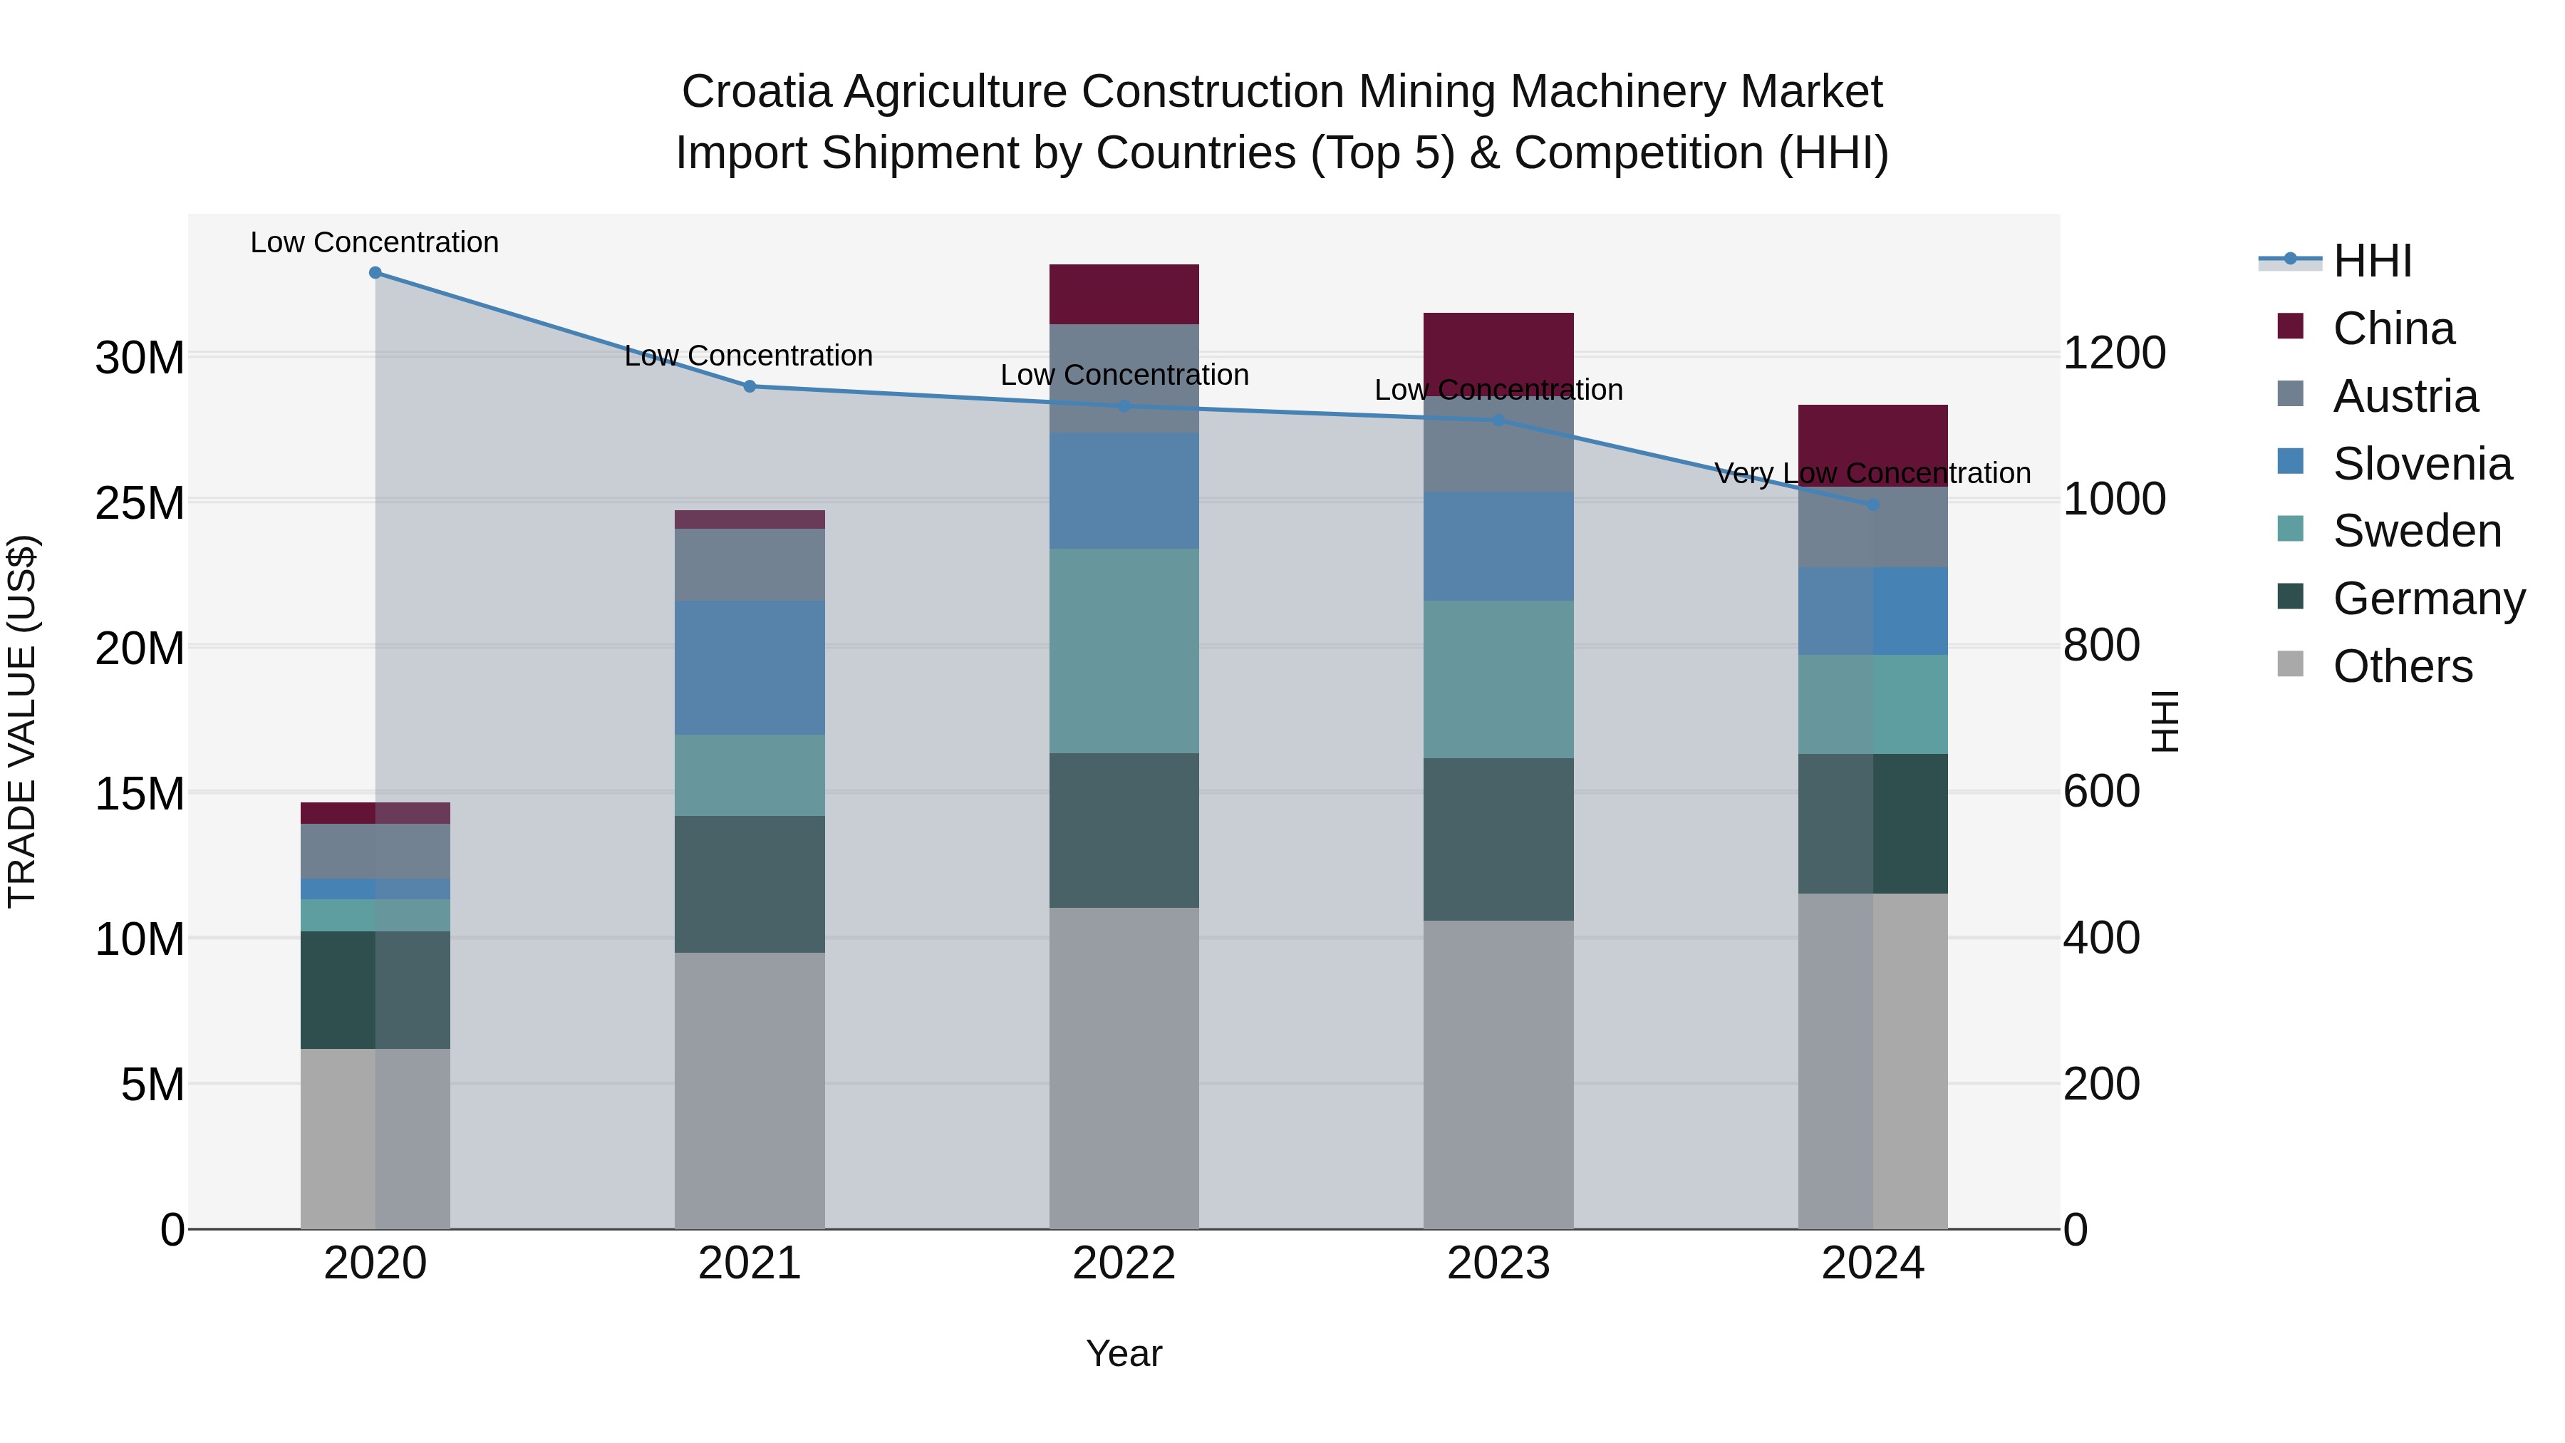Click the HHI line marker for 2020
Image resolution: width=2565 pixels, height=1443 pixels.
(x=375, y=273)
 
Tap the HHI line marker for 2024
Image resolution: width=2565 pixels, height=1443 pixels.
(x=1873, y=505)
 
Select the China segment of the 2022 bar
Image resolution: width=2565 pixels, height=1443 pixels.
(x=1124, y=295)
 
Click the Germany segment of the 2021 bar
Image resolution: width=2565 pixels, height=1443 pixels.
(x=750, y=884)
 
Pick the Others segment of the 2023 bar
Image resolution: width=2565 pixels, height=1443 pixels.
(x=1498, y=1074)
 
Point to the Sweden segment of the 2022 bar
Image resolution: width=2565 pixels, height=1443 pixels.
(x=1124, y=651)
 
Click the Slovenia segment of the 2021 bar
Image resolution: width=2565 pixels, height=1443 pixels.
(x=750, y=667)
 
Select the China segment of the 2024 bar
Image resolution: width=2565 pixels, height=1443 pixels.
(x=1873, y=445)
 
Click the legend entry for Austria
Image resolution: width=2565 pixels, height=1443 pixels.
(x=2405, y=396)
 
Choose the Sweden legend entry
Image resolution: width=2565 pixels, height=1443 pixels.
(x=2417, y=531)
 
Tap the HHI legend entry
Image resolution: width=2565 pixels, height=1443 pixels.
(x=2372, y=261)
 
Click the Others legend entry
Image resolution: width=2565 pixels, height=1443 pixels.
(x=2402, y=666)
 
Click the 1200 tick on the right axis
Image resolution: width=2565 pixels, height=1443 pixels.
(x=2114, y=353)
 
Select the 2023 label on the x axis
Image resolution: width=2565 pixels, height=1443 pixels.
(x=1498, y=1263)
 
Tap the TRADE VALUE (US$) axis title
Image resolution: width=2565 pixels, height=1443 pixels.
(x=22, y=721)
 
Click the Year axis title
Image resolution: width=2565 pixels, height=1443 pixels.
(x=1124, y=1353)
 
